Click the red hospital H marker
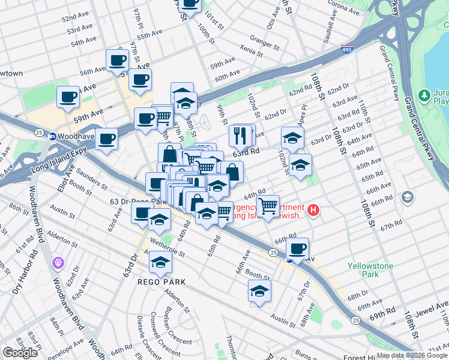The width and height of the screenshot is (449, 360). (x=313, y=211)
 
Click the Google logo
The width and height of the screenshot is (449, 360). (x=20, y=353)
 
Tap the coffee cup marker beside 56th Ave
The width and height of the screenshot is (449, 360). (x=117, y=62)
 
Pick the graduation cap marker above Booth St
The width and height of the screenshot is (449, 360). (x=259, y=292)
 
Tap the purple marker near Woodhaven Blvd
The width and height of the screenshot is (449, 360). (x=58, y=262)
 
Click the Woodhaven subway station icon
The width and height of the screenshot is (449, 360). (x=52, y=136)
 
